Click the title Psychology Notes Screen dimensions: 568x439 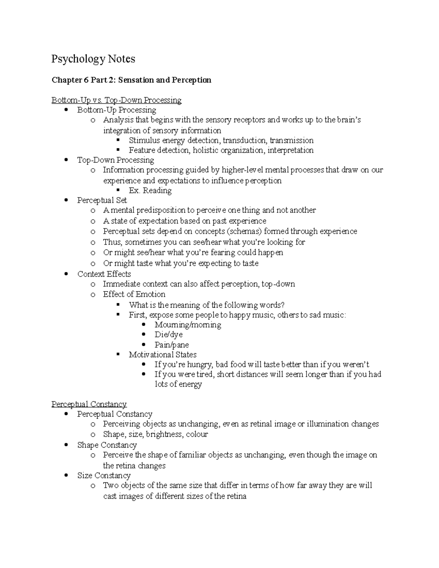[93, 59]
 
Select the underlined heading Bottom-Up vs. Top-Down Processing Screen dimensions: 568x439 [116, 100]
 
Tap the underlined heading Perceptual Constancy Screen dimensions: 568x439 [89, 404]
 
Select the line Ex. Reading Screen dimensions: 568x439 [150, 191]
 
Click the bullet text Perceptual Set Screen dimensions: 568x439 [102, 200]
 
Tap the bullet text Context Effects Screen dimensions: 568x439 [104, 274]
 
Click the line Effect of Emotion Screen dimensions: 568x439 [134, 294]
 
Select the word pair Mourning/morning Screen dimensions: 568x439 [188, 325]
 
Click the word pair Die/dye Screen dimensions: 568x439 [168, 335]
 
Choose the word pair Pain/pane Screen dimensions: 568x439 [172, 345]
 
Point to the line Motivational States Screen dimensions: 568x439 [162, 355]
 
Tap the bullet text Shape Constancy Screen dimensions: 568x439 [107, 445]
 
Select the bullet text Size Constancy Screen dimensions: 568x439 [104, 475]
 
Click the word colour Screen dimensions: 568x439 [197, 435]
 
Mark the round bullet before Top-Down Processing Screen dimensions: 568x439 [66, 160]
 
